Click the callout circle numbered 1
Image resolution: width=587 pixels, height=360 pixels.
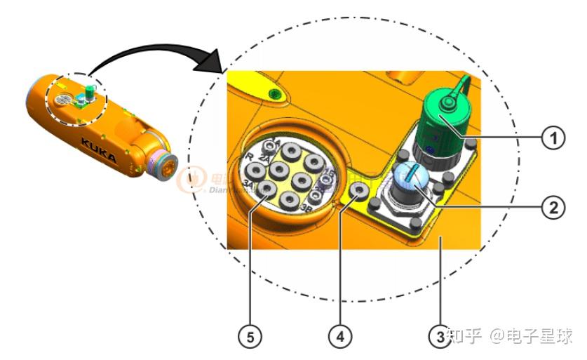pyautogui.click(x=554, y=138)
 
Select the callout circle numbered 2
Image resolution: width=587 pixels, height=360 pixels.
pyautogui.click(x=554, y=207)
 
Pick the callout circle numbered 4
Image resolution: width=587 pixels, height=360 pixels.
pyautogui.click(x=339, y=337)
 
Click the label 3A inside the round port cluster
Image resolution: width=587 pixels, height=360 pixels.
pyautogui.click(x=248, y=184)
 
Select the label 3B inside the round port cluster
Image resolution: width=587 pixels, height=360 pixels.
pyautogui.click(x=306, y=208)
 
